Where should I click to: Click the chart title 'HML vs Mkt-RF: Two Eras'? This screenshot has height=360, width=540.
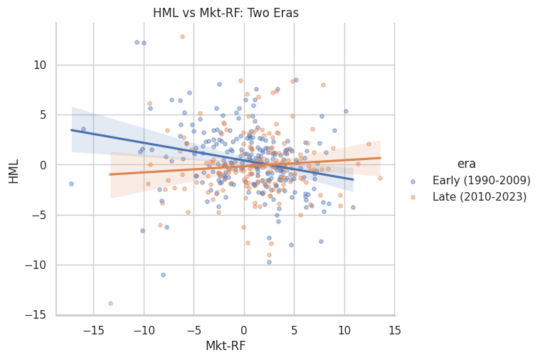pyautogui.click(x=226, y=13)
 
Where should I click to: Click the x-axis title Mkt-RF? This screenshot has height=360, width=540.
pyautogui.click(x=226, y=346)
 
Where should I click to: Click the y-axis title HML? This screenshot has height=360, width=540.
pyautogui.click(x=14, y=171)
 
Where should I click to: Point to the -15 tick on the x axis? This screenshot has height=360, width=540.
pyautogui.click(x=93, y=331)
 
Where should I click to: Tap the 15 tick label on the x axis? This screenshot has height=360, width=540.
pyautogui.click(x=395, y=331)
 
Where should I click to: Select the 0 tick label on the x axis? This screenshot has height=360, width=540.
pyautogui.click(x=244, y=331)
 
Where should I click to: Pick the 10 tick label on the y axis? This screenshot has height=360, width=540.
pyautogui.click(x=40, y=65)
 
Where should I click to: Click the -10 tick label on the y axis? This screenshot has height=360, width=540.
pyautogui.click(x=36, y=265)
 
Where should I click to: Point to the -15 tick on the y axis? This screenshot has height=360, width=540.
pyautogui.click(x=36, y=315)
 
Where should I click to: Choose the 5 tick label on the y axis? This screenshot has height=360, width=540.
pyautogui.click(x=43, y=115)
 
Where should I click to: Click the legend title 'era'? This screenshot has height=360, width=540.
pyautogui.click(x=466, y=164)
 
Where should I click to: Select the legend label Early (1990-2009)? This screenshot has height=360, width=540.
pyautogui.click(x=482, y=180)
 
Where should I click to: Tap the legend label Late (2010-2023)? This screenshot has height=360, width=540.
pyautogui.click(x=480, y=196)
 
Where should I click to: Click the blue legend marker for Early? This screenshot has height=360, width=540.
pyautogui.click(x=413, y=181)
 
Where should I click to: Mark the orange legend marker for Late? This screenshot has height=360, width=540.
pyautogui.click(x=413, y=197)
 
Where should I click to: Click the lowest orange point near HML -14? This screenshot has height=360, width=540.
pyautogui.click(x=110, y=304)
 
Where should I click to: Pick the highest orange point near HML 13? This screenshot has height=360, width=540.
pyautogui.click(x=183, y=36)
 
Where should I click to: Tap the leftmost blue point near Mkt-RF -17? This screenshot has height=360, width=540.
pyautogui.click(x=71, y=184)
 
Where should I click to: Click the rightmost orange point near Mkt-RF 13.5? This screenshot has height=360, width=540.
pyautogui.click(x=380, y=178)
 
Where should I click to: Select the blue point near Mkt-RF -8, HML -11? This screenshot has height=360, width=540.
pyautogui.click(x=163, y=275)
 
